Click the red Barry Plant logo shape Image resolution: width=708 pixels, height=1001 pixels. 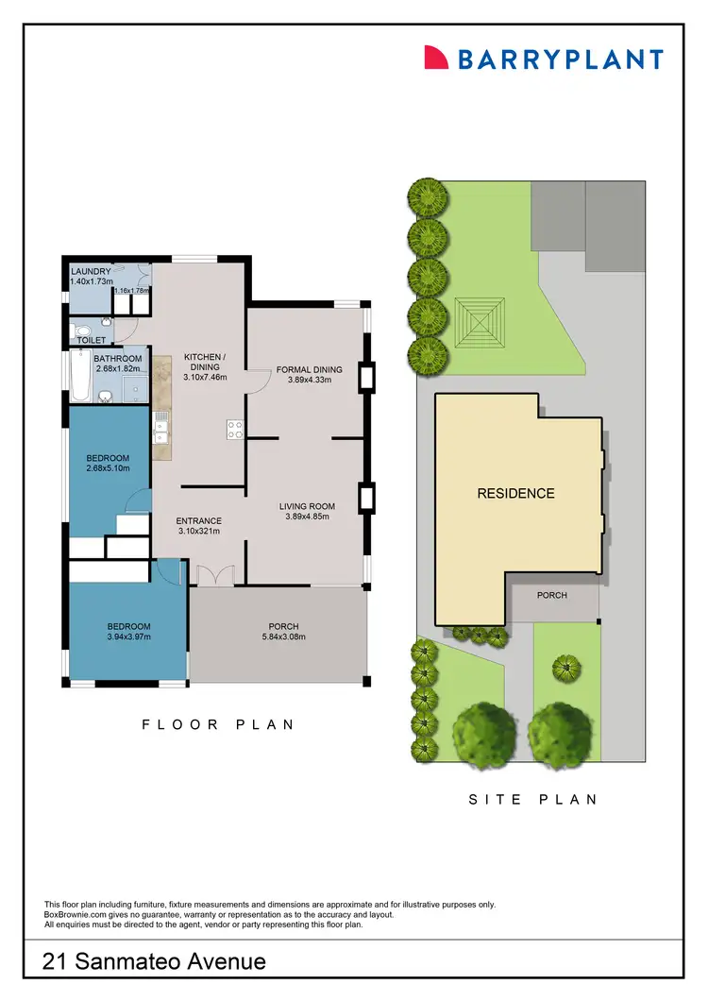click(x=435, y=57)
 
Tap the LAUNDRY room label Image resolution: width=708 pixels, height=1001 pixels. click(x=92, y=272)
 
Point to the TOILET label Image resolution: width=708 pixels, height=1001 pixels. click(x=92, y=340)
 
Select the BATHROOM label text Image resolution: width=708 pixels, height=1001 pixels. click(x=118, y=359)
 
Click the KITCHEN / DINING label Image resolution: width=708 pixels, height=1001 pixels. click(x=204, y=362)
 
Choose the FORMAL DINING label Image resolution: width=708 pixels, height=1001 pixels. click(x=309, y=369)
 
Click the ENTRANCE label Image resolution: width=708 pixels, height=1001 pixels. click(x=198, y=520)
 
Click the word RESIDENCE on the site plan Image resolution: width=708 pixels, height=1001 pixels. click(x=515, y=493)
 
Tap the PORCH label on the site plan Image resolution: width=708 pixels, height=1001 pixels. click(x=551, y=595)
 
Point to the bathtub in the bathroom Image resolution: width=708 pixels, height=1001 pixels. click(x=79, y=376)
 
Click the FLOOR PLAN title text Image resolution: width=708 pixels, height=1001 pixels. click(x=219, y=724)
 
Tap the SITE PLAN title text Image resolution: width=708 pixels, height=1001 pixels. click(x=533, y=799)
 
